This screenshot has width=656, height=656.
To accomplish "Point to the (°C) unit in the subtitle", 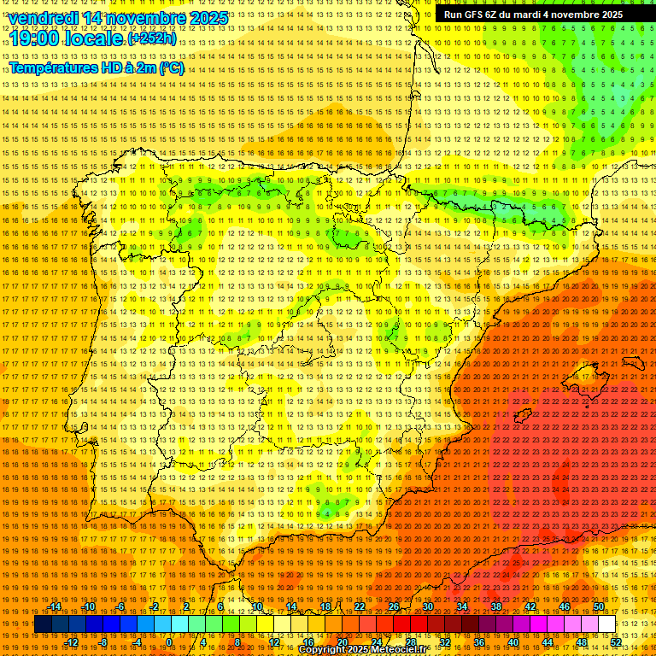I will click(x=171, y=67).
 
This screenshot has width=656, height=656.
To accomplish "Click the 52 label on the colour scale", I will click(x=616, y=642).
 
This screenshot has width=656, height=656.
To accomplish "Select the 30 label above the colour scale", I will click(x=427, y=606).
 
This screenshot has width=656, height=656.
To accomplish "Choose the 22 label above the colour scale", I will click(x=360, y=606).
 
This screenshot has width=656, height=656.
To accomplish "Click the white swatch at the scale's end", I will click(x=606, y=624).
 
